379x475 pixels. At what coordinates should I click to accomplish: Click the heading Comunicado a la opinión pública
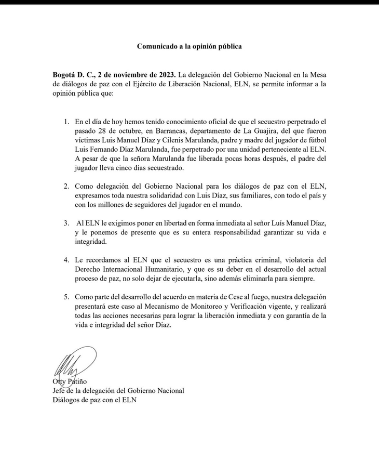click(189, 46)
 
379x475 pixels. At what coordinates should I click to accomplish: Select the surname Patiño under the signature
click(76, 381)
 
